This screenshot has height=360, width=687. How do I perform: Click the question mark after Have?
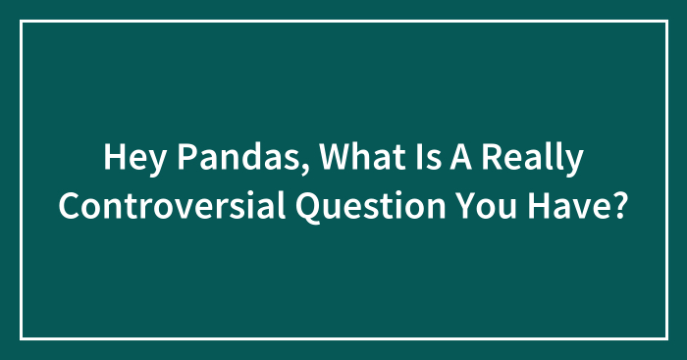[620, 205]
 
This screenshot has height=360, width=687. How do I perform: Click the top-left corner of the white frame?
[22, 22]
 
